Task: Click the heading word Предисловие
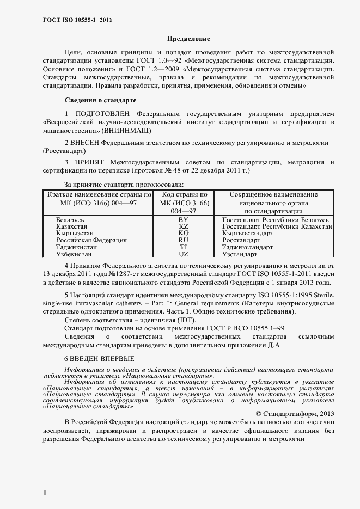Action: coord(188,39)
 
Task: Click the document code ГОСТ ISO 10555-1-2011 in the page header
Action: coord(77,20)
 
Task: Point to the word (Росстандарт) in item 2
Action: coord(64,151)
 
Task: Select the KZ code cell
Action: coord(183,226)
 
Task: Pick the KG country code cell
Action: coord(183,233)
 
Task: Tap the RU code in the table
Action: coord(183,240)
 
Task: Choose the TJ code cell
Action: coord(183,247)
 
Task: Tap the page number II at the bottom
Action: coord(45,493)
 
